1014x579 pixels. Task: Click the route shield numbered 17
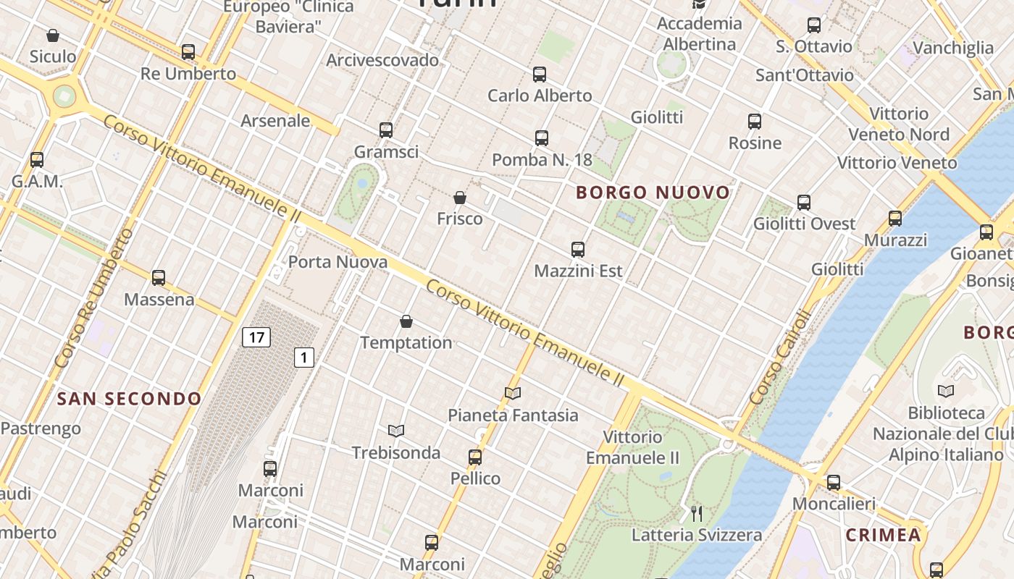[256, 337]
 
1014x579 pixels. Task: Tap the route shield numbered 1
[304, 357]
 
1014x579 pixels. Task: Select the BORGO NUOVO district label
[653, 193]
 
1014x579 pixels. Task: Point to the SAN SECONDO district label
[130, 399]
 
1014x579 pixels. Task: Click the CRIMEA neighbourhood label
[884, 536]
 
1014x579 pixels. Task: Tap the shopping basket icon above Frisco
[459, 198]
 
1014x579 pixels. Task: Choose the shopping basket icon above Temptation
[406, 321]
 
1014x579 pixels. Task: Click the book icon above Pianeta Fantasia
[513, 394]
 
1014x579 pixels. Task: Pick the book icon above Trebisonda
[395, 431]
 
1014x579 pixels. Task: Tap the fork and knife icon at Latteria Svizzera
[697, 514]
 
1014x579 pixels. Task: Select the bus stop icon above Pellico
[475, 457]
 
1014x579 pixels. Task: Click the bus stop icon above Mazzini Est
[577, 250]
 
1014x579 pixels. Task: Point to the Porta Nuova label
[338, 262]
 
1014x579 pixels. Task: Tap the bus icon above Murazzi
[895, 219]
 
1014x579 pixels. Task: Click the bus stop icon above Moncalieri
[834, 483]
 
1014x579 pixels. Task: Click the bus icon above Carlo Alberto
[539, 75]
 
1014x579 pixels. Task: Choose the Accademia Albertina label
[700, 33]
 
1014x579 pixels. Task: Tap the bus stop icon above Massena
[159, 278]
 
